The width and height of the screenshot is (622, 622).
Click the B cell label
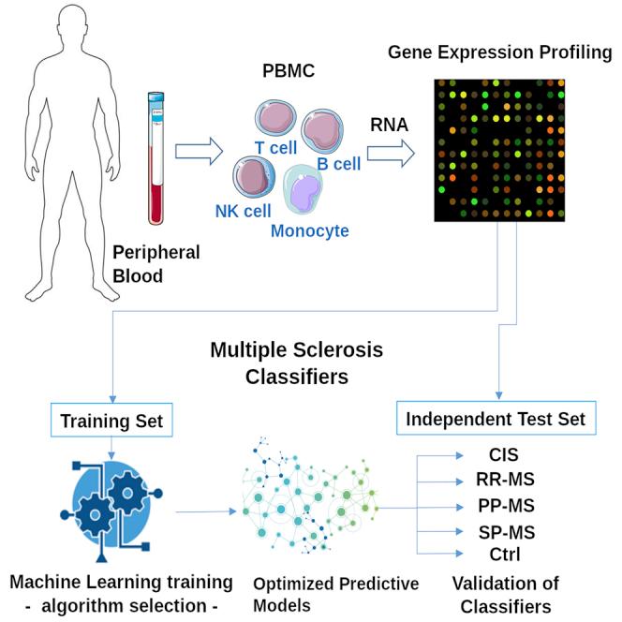tap(338, 163)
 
